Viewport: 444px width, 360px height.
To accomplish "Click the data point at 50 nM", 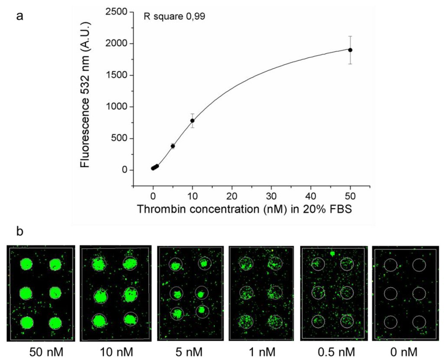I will pyautogui.click(x=350, y=50).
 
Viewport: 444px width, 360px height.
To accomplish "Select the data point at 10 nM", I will pyautogui.click(x=193, y=121).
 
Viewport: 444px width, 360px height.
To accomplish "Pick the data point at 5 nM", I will pyautogui.click(x=173, y=146).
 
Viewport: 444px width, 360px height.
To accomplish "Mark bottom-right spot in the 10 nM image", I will pyautogui.click(x=130, y=319).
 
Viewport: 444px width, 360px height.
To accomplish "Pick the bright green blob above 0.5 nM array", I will pyautogui.click(x=333, y=254).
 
